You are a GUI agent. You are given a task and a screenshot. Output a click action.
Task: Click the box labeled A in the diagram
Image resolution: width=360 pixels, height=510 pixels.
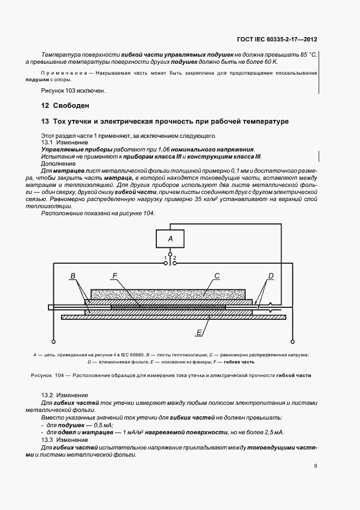tap(170, 238)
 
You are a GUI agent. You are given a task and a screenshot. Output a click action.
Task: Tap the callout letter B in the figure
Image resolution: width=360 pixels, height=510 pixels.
tap(72, 277)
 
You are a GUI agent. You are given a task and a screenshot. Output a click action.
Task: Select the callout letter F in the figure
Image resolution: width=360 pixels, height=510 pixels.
tap(114, 277)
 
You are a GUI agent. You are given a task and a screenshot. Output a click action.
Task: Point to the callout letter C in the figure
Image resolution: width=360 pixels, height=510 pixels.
tap(217, 277)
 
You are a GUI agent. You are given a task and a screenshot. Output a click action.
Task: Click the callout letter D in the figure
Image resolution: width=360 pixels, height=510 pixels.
tap(271, 277)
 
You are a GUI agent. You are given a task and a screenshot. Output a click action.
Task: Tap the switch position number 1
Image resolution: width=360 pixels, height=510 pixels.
tap(166, 258)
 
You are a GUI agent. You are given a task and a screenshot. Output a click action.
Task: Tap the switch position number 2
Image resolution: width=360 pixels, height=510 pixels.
tap(175, 258)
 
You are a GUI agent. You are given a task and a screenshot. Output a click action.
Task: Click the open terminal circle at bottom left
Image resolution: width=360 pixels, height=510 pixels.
tap(53, 342)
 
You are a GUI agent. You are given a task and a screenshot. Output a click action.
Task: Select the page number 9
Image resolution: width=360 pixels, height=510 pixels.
tap(315, 465)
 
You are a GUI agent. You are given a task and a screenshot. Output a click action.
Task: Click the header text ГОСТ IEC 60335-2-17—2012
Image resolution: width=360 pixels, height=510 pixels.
tap(277, 39)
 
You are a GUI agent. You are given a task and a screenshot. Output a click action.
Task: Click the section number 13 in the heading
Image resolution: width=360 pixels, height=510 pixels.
tap(45, 121)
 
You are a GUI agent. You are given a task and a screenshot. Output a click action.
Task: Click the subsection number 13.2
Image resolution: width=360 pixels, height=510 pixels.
tap(47, 394)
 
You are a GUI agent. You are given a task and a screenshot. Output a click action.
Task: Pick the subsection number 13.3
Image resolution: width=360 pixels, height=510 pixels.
tap(47, 439)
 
